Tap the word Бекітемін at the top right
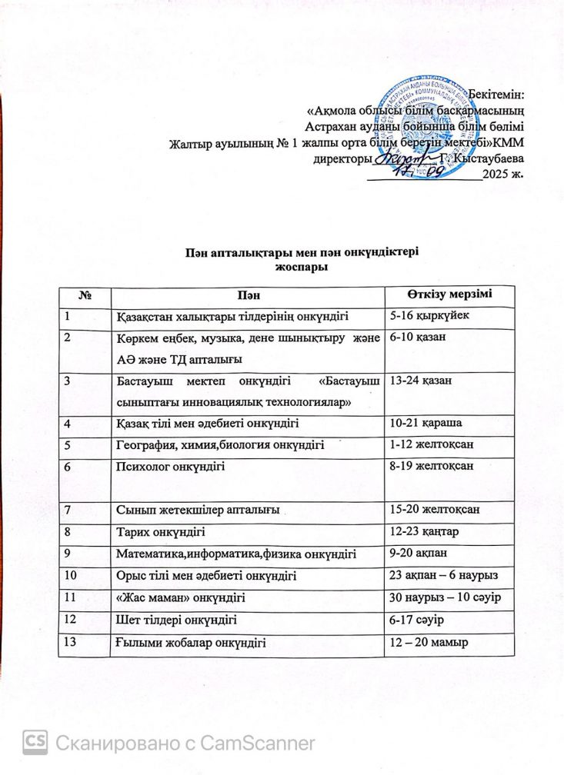point(494,95)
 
